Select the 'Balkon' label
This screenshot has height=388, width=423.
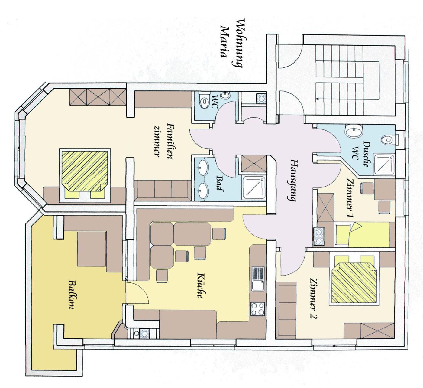click(x=72, y=295)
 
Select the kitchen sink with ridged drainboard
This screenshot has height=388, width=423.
click(x=258, y=279)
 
